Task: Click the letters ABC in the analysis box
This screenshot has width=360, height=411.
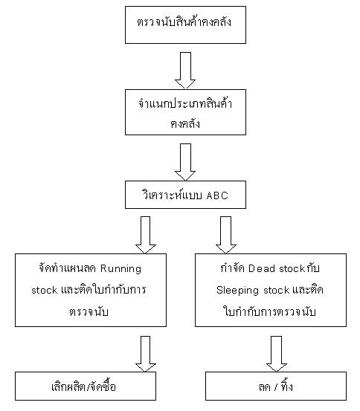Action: tap(217, 195)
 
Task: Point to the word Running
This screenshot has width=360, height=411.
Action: tap(120, 269)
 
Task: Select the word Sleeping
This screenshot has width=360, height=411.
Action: tap(237, 291)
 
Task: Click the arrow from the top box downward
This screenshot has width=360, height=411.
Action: tap(185, 71)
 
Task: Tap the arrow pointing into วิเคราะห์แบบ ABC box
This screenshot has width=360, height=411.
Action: tap(185, 162)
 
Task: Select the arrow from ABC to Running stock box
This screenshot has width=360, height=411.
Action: tap(146, 235)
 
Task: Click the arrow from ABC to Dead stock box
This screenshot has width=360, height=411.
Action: tap(226, 235)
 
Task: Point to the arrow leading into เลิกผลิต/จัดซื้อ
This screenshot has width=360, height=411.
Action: tap(146, 354)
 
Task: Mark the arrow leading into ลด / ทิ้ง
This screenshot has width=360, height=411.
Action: tap(277, 354)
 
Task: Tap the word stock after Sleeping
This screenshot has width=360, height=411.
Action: tap(277, 291)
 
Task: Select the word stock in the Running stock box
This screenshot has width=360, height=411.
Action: tap(45, 291)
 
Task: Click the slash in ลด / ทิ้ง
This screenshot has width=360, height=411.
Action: tap(275, 387)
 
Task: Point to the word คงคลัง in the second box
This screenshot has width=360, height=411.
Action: tap(185, 123)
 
